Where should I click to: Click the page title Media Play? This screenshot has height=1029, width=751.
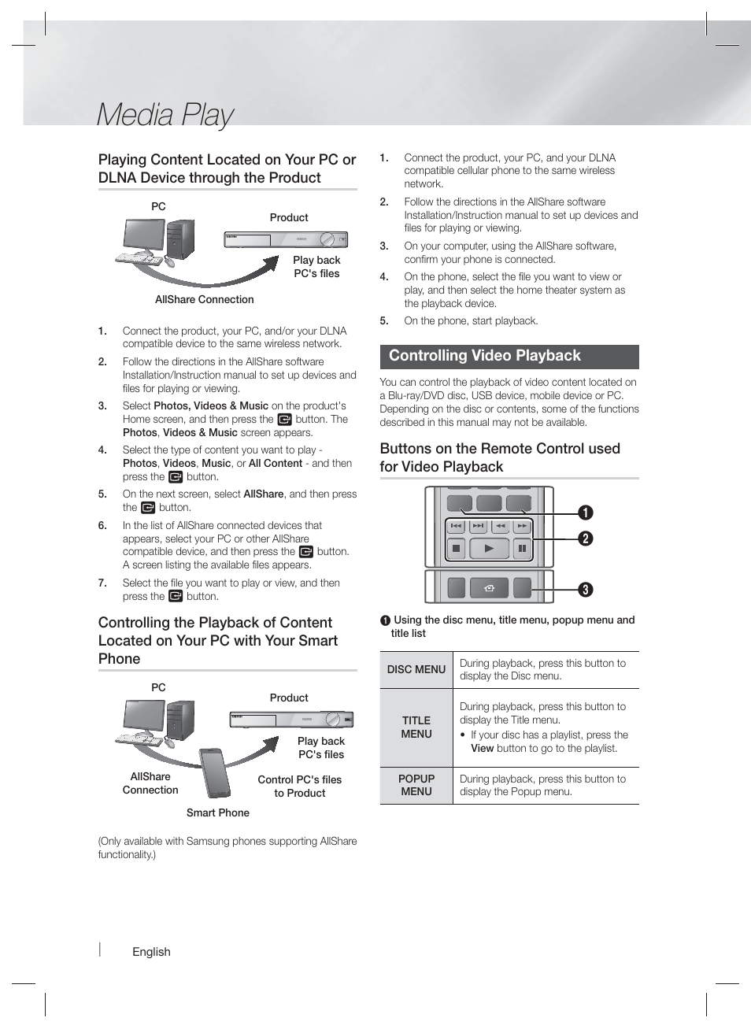[x=165, y=115]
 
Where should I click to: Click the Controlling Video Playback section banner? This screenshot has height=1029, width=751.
[x=509, y=357]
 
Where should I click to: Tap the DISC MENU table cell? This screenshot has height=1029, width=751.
[x=416, y=669]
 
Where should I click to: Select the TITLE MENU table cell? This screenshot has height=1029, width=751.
[x=416, y=727]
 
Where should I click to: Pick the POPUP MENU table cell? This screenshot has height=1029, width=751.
[x=416, y=785]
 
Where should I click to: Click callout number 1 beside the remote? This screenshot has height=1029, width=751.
[x=586, y=513]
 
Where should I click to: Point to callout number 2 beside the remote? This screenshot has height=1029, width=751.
[x=586, y=539]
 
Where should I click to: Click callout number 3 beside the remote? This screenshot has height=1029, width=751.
[x=586, y=590]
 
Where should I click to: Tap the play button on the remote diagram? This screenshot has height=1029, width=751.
[x=489, y=549]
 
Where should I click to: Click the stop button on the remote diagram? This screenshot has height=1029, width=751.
[x=456, y=549]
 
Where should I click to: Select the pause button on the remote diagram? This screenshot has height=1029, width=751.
[x=522, y=549]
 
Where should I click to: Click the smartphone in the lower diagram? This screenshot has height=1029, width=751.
[x=214, y=772]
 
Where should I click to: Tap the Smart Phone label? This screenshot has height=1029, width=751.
[x=218, y=812]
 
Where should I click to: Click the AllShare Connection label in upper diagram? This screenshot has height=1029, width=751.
[x=205, y=299]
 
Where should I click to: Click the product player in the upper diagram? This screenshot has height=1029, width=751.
[x=286, y=239]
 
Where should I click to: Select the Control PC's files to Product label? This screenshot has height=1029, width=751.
[x=300, y=786]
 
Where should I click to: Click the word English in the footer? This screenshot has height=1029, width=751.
[x=151, y=951]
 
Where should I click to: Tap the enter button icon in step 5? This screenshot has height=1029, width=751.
[x=148, y=508]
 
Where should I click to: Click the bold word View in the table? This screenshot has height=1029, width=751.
[x=482, y=749]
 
